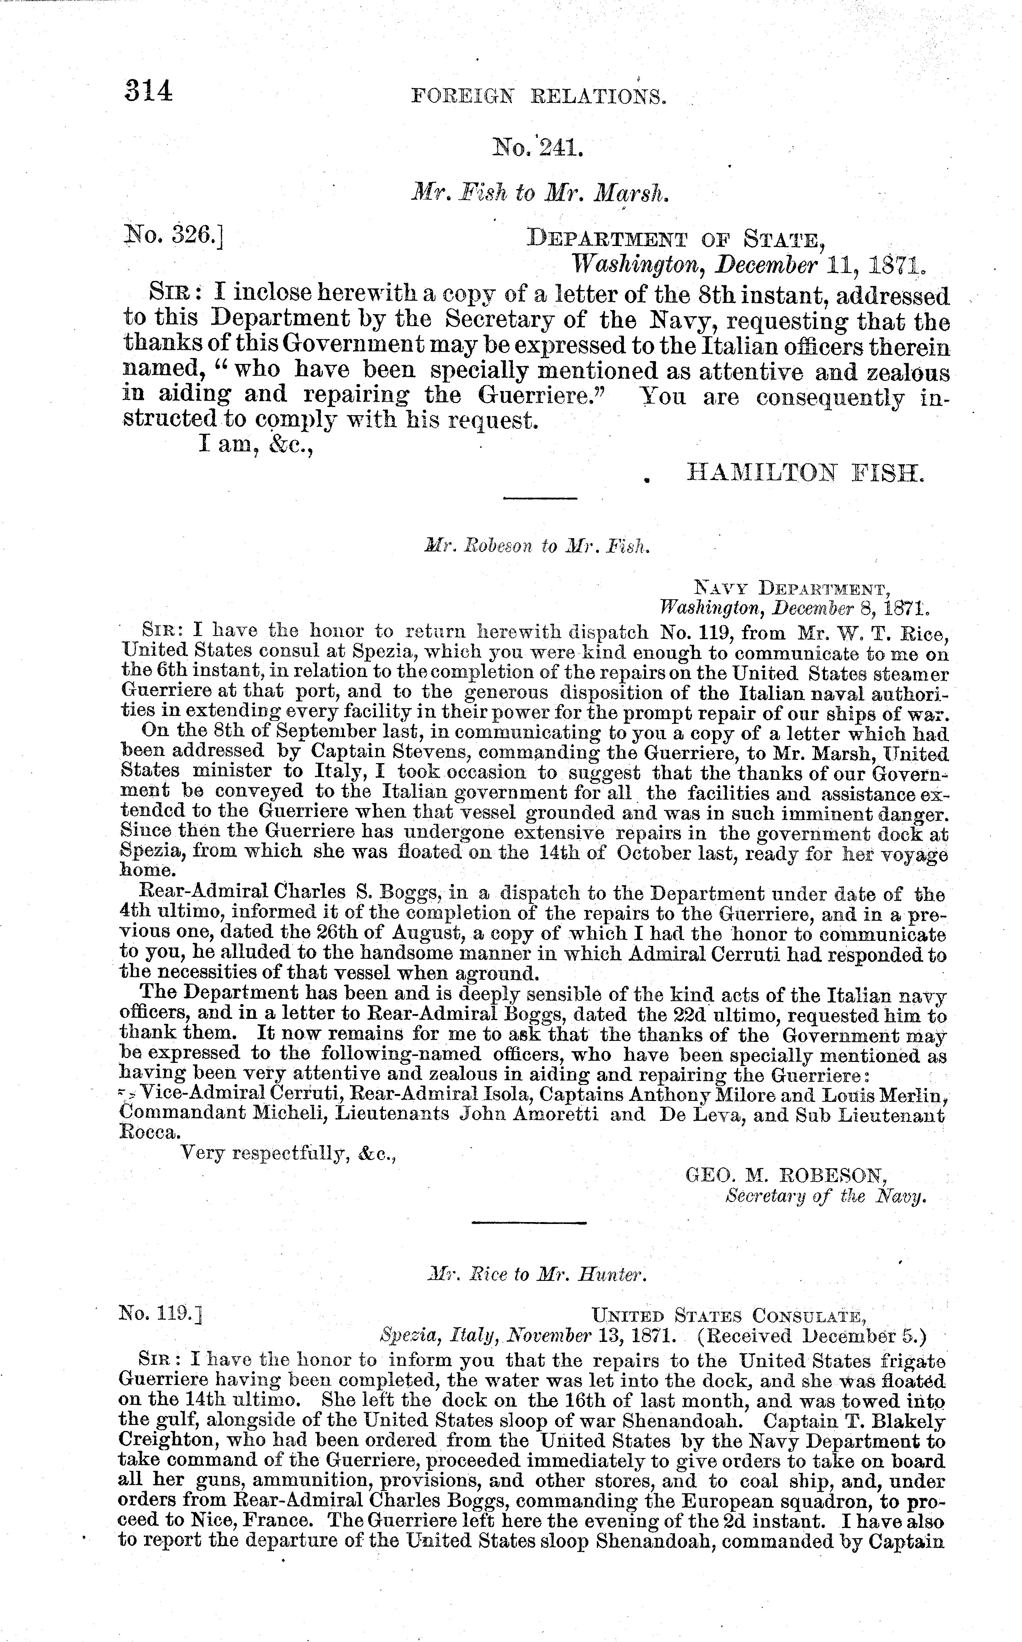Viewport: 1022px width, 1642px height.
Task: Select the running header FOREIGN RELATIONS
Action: tap(539, 97)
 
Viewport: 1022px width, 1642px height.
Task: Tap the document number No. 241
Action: tap(539, 147)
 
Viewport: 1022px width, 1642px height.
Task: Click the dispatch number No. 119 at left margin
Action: tap(161, 1313)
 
